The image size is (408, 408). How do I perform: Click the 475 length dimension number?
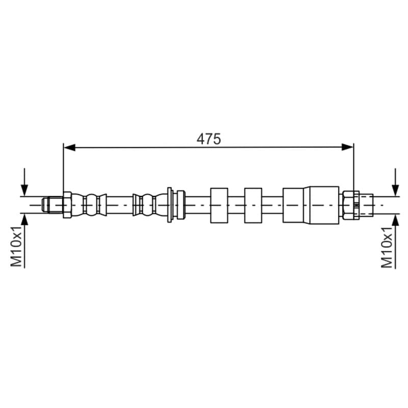pos(209,139)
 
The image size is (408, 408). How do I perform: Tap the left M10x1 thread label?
pos(16,246)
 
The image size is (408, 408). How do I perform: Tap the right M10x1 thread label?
pos(387,247)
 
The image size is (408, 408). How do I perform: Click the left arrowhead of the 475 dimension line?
pos(70,147)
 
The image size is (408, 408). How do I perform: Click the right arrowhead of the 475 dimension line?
pos(347,147)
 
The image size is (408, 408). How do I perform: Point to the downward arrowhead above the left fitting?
pos(24,190)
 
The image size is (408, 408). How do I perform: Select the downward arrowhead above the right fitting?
pos(396,190)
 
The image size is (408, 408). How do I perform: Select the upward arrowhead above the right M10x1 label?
pos(396,220)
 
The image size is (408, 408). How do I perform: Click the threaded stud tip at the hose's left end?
pos(53,205)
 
